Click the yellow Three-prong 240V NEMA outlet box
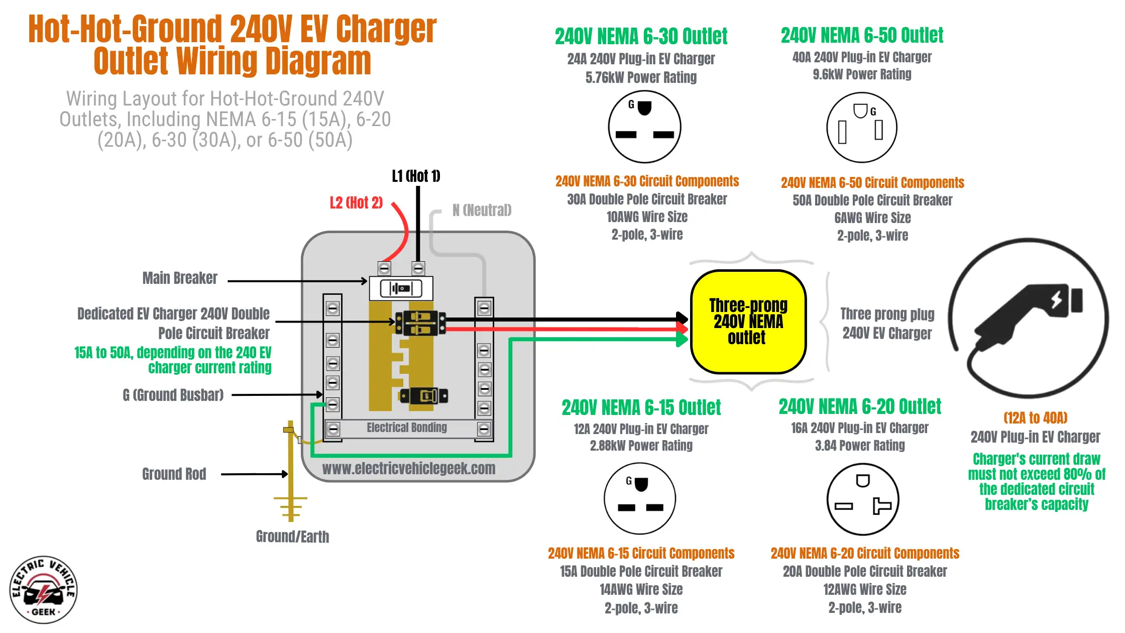(x=748, y=322)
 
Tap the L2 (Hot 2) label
(x=356, y=203)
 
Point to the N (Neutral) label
(x=482, y=210)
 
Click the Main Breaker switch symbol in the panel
(x=401, y=288)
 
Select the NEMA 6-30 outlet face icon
(x=644, y=127)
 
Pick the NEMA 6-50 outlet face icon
(x=862, y=127)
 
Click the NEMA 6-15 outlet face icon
(x=640, y=498)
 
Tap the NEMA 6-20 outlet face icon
(x=862, y=499)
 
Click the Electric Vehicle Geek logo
(x=43, y=590)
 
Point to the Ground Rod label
(x=174, y=474)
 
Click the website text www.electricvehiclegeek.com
(x=408, y=468)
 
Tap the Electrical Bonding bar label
(x=406, y=428)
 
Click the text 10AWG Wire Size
(x=647, y=217)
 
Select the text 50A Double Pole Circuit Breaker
(x=872, y=200)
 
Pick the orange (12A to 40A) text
(x=1035, y=418)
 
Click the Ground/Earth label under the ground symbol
(x=292, y=537)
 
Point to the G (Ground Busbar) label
(x=173, y=395)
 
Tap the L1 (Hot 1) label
(x=416, y=176)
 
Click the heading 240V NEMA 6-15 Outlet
(x=641, y=407)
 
